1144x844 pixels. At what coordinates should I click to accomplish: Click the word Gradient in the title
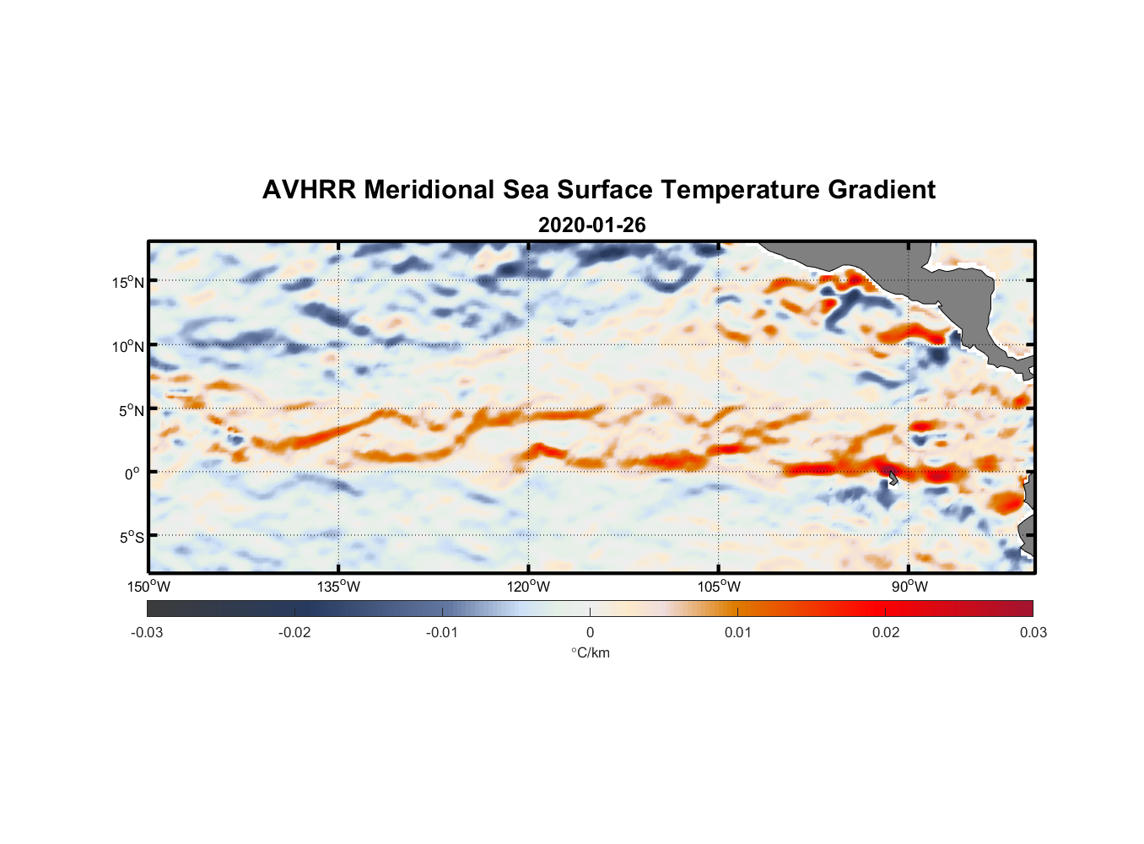tap(881, 190)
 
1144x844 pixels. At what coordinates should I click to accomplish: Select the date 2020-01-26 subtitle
tap(591, 225)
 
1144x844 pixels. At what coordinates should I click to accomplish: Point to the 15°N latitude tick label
tap(128, 282)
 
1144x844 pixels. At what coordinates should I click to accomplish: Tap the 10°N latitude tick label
tap(128, 346)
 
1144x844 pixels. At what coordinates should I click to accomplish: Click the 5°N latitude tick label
tap(132, 410)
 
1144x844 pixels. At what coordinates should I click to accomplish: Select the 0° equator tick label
tap(132, 473)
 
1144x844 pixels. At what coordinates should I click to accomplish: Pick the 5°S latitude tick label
tap(132, 537)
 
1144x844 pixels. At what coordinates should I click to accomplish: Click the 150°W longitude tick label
tap(149, 587)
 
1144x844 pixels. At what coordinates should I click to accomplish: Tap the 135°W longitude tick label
tap(339, 587)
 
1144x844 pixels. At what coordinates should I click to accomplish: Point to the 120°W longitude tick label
tap(529, 587)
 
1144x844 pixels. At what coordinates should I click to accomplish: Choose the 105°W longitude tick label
tap(719, 587)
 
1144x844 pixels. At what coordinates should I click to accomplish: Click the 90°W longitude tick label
tap(909, 587)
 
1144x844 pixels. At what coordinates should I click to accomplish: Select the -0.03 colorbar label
tap(147, 632)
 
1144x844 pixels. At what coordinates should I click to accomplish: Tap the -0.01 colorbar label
tap(442, 632)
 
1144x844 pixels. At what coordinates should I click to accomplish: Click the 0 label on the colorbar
tap(590, 632)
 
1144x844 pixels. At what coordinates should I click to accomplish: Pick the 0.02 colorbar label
tap(886, 632)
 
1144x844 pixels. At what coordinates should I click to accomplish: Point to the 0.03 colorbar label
tap(1033, 632)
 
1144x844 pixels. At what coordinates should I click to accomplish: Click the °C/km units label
tap(591, 652)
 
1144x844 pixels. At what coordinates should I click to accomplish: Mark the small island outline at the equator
tap(892, 478)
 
